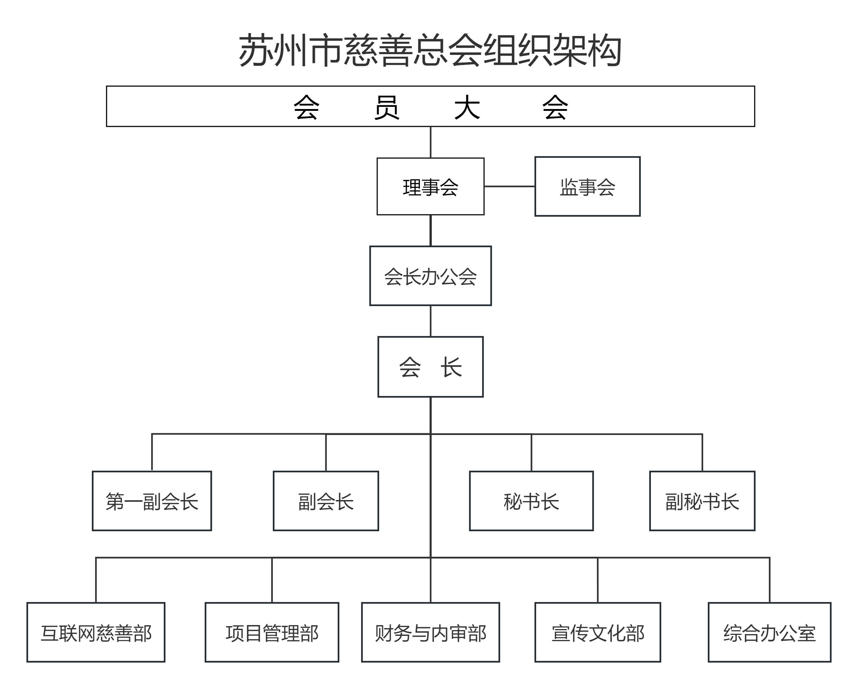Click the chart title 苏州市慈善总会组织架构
tap(430, 51)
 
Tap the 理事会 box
tap(430, 186)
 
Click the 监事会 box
tap(587, 186)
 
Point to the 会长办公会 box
tap(430, 276)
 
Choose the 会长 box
tap(430, 367)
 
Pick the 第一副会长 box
tap(152, 501)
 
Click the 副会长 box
tap(326, 501)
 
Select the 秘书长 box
tap(531, 501)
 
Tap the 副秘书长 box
tap(702, 501)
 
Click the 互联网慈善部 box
tap(96, 632)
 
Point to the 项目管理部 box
tap(272, 632)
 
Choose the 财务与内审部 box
tap(430, 632)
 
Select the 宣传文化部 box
tap(597, 632)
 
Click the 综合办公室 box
tap(769, 632)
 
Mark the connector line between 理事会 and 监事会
tap(509, 186)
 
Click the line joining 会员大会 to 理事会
tap(431, 142)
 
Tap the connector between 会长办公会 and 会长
tap(431, 321)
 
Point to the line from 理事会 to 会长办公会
tap(431, 230)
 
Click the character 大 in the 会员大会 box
tap(467, 107)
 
